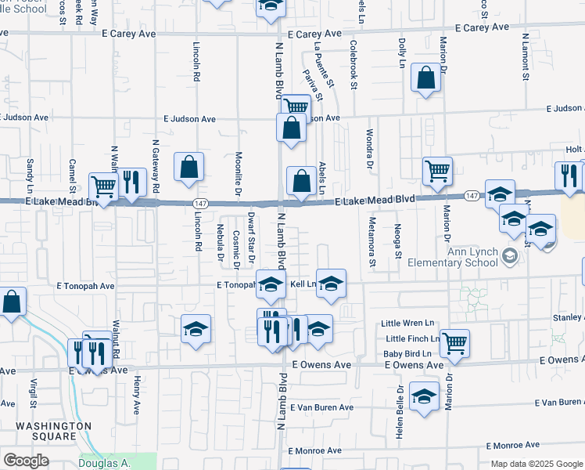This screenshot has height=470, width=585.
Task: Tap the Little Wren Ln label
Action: coord(407,323)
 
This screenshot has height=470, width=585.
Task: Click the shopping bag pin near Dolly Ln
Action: coord(425,78)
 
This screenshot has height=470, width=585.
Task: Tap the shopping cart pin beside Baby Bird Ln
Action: coord(454,342)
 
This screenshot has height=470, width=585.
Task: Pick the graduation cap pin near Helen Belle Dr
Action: coord(425,398)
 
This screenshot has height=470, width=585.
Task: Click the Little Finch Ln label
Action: coord(412,338)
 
